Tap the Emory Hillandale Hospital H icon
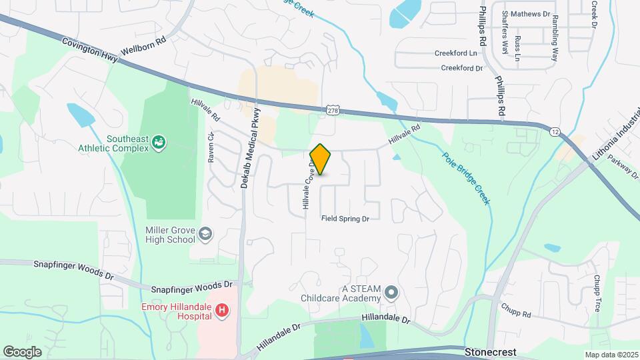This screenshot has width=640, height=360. (x=223, y=311)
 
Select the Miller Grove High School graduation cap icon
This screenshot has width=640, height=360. (x=206, y=233)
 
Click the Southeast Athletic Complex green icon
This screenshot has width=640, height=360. (x=159, y=141)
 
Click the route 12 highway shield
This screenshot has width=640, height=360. (x=555, y=132)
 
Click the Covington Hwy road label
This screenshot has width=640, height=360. (x=92, y=49)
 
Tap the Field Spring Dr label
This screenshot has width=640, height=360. (x=345, y=219)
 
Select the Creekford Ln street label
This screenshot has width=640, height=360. (x=456, y=53)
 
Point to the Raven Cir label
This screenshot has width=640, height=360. (x=211, y=146)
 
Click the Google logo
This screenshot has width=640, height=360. (x=22, y=352)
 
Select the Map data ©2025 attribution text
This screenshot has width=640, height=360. (x=611, y=355)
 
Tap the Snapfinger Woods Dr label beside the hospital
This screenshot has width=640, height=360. (x=191, y=287)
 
